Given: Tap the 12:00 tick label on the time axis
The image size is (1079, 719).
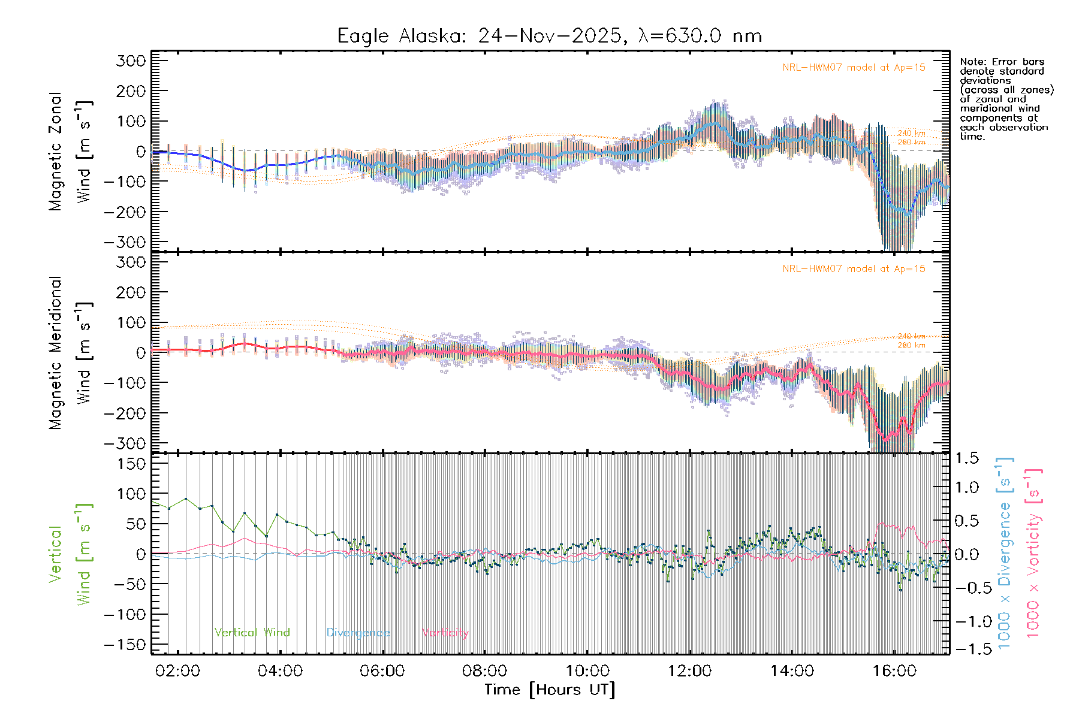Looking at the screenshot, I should [x=689, y=671].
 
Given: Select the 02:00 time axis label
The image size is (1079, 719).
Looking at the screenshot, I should [x=177, y=671].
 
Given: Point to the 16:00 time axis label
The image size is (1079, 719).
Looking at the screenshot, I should [x=894, y=671].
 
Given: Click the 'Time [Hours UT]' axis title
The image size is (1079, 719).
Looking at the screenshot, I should [x=550, y=690].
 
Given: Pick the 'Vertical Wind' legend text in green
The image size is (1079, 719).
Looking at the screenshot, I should [x=252, y=633].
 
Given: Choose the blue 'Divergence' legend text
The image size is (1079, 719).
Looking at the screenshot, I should [x=358, y=633].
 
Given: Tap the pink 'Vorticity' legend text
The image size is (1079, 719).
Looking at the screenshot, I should [x=445, y=633].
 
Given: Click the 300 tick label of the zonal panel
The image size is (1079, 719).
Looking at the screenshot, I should [x=131, y=61].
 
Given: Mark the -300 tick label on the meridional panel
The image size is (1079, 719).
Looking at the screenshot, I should [x=125, y=444].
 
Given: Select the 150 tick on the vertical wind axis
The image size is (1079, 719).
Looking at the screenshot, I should [x=131, y=464].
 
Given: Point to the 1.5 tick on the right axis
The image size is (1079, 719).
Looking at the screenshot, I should [x=966, y=458].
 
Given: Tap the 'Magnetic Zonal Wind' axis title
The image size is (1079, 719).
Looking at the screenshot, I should [x=71, y=151].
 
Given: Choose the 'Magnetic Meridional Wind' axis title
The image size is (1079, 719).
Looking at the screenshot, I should [x=71, y=352].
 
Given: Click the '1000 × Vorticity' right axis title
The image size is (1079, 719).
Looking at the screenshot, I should [x=1033, y=552].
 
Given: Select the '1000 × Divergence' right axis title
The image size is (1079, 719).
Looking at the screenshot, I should [x=1005, y=552].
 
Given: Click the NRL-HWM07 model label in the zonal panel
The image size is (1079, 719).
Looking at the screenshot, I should [x=854, y=68].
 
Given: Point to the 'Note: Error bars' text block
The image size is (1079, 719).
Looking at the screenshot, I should [x=1006, y=99].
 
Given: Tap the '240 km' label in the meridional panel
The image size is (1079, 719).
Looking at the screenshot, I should [x=911, y=336].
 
